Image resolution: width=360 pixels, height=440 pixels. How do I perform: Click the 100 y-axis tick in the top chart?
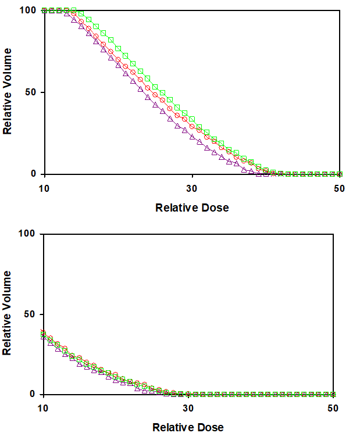28,10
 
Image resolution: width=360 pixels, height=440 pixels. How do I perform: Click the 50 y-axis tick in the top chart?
31,92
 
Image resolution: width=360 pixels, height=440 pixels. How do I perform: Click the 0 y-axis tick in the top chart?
34,174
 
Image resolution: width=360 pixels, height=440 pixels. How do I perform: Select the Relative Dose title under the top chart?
192,208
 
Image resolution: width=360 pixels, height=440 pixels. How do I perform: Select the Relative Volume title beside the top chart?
8,92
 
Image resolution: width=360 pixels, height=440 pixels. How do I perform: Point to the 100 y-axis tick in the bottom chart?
28,234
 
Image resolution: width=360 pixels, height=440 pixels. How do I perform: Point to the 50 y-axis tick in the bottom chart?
31,314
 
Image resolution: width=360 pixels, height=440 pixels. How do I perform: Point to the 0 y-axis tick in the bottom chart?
34,394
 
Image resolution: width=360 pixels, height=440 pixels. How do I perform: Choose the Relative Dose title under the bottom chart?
187,428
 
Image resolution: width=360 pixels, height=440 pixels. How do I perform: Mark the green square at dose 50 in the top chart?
340,174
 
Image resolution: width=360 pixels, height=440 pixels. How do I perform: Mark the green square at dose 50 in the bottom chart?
333,394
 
